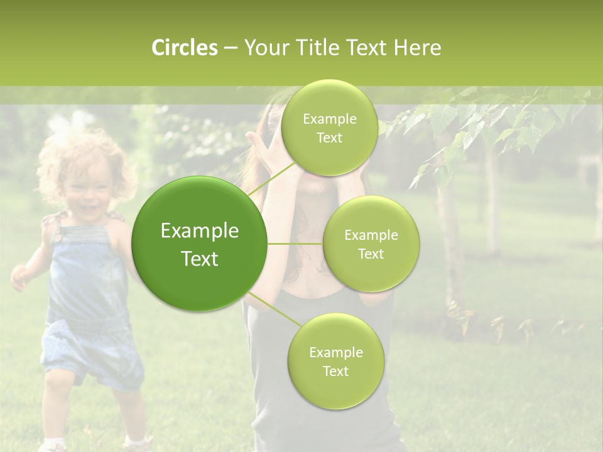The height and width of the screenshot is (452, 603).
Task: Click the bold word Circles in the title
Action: point(184,48)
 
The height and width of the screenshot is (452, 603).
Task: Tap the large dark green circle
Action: point(199,244)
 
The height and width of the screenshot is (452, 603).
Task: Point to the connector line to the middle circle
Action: point(295,244)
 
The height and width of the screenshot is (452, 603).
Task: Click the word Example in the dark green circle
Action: point(199,231)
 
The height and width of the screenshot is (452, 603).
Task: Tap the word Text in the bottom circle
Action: point(335,371)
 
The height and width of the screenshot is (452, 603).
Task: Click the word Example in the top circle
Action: point(329,119)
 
